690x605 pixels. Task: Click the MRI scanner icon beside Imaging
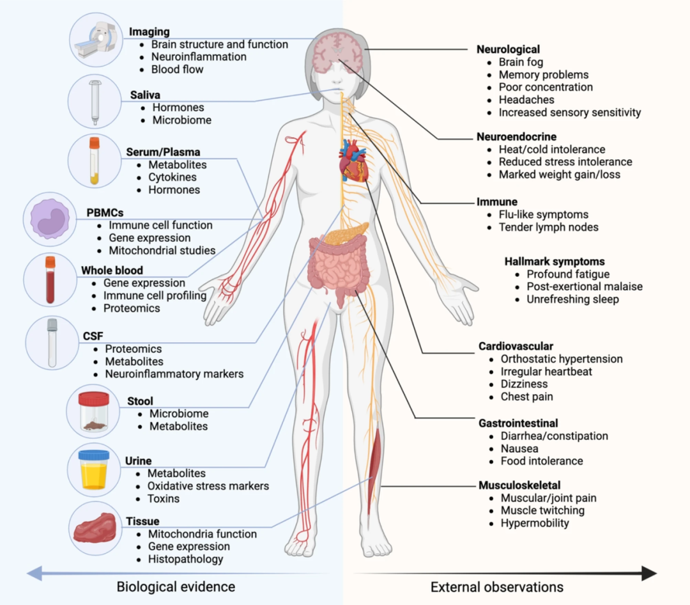click(97, 40)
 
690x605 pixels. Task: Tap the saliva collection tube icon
click(95, 102)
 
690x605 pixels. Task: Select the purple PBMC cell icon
click(50, 219)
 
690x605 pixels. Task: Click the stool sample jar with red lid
click(93, 412)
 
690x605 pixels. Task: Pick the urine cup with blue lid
click(94, 469)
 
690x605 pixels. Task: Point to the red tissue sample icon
click(95, 528)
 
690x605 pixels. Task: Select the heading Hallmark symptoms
click(555, 262)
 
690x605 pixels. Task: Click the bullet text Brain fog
click(521, 62)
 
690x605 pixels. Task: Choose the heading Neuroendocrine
click(516, 137)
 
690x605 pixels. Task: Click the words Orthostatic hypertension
click(562, 359)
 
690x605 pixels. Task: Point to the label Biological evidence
click(176, 586)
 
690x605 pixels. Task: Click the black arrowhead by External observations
click(649, 573)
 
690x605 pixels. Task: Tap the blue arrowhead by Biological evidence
click(34, 573)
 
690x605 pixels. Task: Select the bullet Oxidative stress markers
click(208, 485)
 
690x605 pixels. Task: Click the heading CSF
click(93, 336)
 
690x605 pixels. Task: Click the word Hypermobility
click(535, 523)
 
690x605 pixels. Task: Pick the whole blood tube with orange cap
click(50, 280)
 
